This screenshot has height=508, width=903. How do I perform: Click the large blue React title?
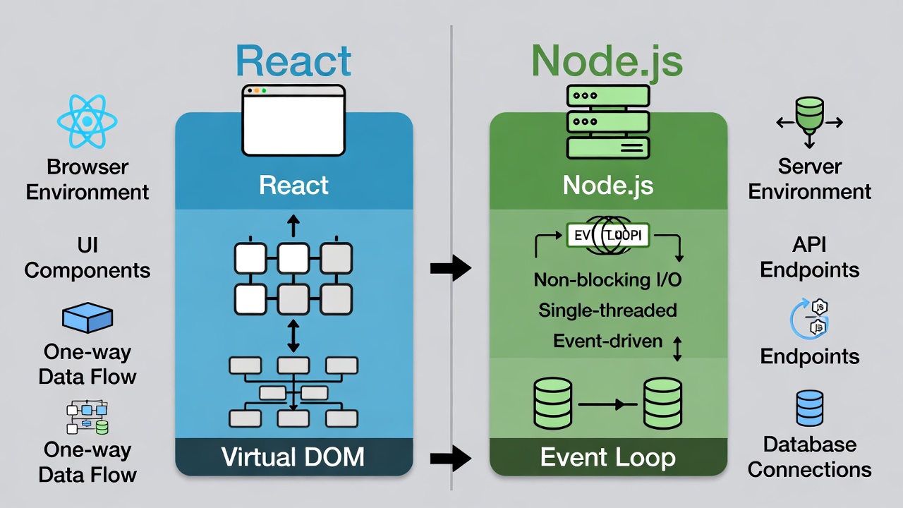pos(293,61)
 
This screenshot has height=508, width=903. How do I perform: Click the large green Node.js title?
pos(607,61)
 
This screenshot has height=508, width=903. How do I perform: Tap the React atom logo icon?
pos(87,121)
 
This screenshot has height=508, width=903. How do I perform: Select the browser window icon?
pos(293,120)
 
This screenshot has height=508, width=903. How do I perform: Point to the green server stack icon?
pos(607,121)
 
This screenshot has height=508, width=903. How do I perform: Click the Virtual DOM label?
pos(293,456)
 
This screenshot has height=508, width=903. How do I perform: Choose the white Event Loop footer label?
pos(607,456)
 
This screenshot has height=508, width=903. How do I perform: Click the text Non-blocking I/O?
pos(607,279)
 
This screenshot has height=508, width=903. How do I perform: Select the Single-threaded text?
pos(607,310)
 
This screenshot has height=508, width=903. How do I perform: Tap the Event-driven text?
pos(607,341)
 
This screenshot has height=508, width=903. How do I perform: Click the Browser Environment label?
pos(87,179)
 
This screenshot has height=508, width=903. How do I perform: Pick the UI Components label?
pos(87,258)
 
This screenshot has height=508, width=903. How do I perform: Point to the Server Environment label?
pos(809,179)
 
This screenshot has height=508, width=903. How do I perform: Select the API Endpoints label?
pos(809,258)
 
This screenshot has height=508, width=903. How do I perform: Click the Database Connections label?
pos(809,456)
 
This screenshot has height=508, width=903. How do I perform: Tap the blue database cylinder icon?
pos(809,409)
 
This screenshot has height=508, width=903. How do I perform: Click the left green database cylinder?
pos(553,404)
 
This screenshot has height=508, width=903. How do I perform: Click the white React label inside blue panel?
pos(293,185)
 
